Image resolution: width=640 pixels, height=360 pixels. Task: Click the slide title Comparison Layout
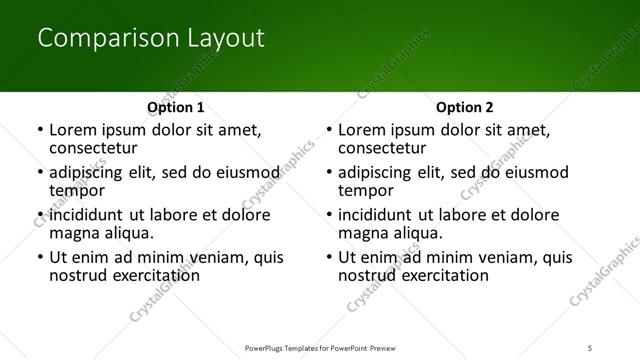pyautogui.click(x=150, y=39)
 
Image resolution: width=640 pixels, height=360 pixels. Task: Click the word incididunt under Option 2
pyautogui.click(x=383, y=215)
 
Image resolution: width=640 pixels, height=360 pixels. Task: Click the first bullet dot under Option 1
pyautogui.click(x=39, y=131)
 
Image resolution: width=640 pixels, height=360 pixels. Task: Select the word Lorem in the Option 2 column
pyautogui.click(x=361, y=130)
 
